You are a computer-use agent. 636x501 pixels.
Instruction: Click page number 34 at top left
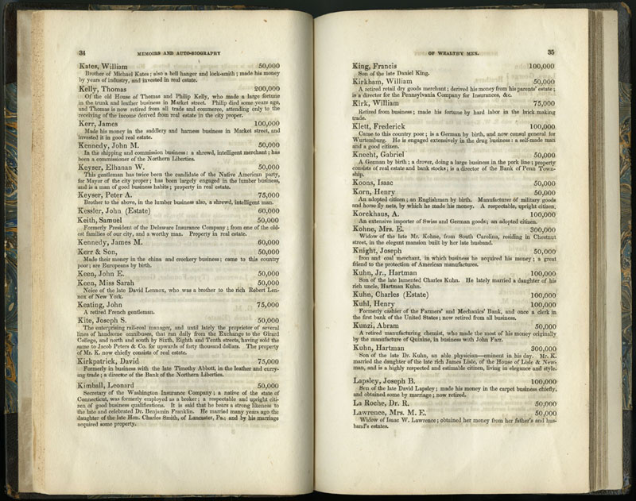[82, 52]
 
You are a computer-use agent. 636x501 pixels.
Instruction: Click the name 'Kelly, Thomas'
[105, 89]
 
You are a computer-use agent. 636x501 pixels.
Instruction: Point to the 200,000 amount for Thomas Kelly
[267, 89]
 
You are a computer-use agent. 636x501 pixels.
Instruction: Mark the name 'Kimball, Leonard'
[111, 407]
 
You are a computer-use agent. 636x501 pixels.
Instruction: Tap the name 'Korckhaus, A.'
[382, 214]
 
